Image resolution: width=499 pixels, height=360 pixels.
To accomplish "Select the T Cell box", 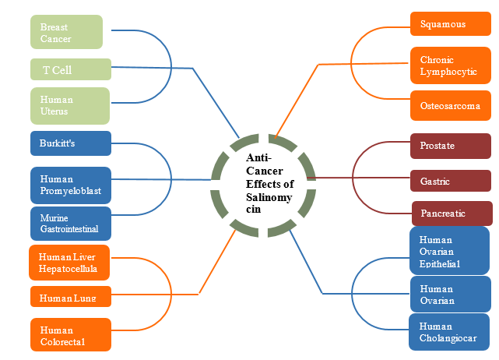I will coord(71,69).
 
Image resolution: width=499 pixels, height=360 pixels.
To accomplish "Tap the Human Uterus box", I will coord(71,105).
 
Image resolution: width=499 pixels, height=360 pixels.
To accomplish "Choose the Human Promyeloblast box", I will coord(71,185).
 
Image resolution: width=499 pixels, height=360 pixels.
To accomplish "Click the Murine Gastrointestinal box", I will coord(71,223).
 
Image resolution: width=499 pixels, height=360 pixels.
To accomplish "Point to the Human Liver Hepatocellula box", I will coord(69,263).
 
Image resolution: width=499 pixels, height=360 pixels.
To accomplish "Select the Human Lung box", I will coord(69,297).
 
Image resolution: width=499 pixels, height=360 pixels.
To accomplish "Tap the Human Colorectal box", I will coord(71,335).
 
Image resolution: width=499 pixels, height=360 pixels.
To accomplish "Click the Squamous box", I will coord(450,24).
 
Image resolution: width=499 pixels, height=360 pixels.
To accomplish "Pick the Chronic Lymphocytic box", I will coord(450,66).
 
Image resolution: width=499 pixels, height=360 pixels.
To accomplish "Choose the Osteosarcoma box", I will coord(450,106).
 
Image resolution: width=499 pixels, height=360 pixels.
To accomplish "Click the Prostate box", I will coord(451,146).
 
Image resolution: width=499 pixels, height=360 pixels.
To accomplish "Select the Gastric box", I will coord(451,182).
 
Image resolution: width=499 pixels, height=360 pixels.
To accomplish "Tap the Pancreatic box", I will coord(452,213).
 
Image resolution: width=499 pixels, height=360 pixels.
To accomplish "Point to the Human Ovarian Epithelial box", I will coord(450,252).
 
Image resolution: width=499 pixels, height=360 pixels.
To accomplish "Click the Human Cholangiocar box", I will coord(450,332).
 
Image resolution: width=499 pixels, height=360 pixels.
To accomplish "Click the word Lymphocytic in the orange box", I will coord(448,72).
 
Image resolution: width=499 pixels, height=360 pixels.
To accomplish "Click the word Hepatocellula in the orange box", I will coord(69,270).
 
